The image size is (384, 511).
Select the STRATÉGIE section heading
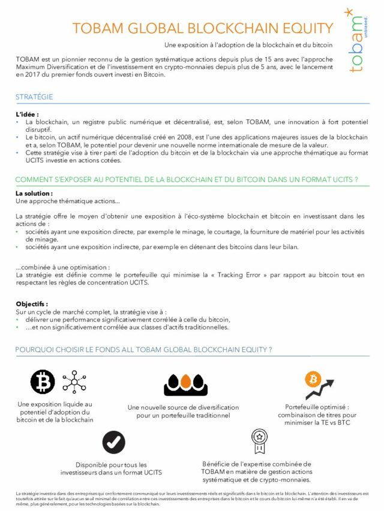(34, 97)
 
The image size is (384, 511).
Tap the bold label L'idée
(27, 114)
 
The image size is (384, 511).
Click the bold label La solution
(34, 193)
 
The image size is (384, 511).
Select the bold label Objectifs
(32, 304)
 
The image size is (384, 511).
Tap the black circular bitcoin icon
(43, 382)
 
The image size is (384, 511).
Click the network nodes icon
(74, 381)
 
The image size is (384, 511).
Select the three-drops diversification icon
(185, 384)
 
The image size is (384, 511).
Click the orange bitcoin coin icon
(313, 379)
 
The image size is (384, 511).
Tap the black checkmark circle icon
(113, 442)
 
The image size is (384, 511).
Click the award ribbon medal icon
(259, 441)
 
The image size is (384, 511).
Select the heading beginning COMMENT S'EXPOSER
(187, 180)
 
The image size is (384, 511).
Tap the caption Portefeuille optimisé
(317, 406)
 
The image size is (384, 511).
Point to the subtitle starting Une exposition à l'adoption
(248, 45)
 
